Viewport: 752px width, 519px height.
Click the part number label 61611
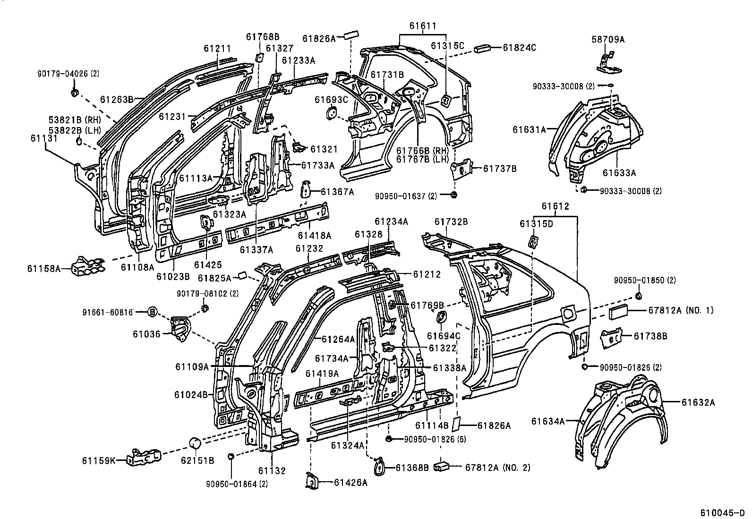[423, 26]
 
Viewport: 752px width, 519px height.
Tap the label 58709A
[608, 40]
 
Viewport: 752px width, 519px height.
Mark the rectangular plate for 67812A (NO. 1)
[617, 313]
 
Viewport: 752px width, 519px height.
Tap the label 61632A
[698, 402]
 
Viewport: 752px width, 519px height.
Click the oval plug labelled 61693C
[332, 113]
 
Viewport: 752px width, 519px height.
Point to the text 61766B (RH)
[420, 151]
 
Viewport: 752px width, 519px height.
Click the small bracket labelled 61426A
[311, 480]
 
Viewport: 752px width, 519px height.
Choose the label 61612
[555, 206]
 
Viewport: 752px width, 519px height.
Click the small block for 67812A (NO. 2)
[444, 467]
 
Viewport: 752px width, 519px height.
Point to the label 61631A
[529, 128]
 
